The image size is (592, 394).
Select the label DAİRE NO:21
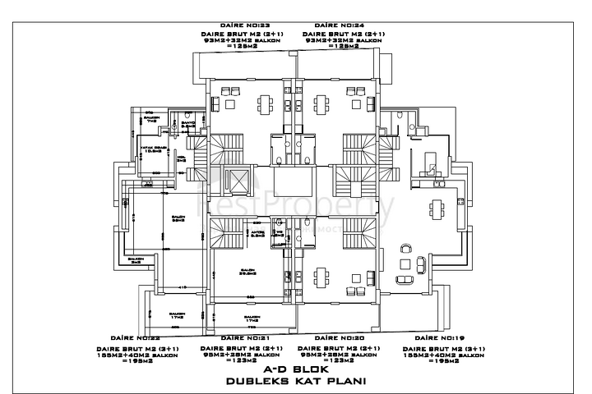tap(245, 338)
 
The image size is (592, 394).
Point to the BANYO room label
tap(187, 124)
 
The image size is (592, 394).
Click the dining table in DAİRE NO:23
tap(266, 103)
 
